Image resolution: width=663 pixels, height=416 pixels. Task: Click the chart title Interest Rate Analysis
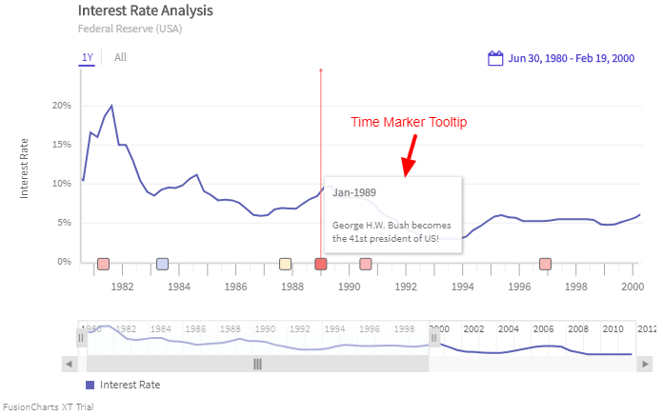point(145,10)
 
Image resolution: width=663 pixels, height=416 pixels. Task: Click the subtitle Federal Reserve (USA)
point(130,29)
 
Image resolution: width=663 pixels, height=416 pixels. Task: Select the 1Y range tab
point(88,58)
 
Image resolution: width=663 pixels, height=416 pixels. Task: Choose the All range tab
point(120,58)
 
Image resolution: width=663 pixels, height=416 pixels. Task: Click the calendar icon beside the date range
point(495,59)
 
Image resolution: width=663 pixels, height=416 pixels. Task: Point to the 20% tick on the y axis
point(62,106)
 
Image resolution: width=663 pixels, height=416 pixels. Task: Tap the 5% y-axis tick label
point(64,223)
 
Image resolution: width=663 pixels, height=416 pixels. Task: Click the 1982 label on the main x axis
point(122,286)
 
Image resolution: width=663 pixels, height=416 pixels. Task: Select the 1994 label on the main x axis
point(463,286)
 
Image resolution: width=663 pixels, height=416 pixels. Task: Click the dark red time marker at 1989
point(321,264)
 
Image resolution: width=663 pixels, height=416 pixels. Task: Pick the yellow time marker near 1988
point(285,264)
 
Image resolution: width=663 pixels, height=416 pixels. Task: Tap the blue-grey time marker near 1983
point(162,264)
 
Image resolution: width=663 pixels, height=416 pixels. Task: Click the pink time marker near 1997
point(545,264)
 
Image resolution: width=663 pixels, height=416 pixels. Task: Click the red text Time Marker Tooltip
point(409,123)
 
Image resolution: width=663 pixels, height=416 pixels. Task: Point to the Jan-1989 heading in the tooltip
point(354,193)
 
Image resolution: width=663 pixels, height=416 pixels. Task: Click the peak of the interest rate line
point(111,106)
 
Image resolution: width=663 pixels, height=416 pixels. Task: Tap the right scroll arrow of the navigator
point(647,364)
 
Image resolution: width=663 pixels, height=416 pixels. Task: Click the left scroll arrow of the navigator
point(69,364)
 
